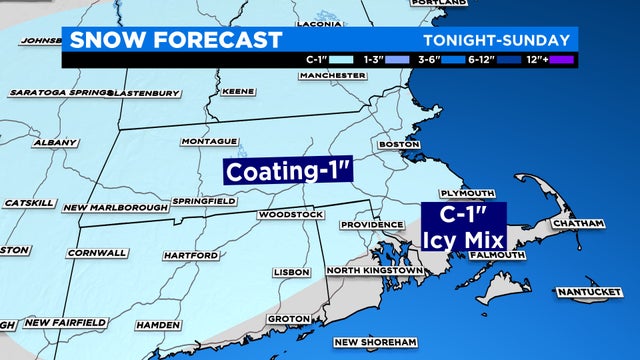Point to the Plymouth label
click(468, 192)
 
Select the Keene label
click(237, 90)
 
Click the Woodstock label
click(290, 215)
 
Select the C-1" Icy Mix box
click(464, 227)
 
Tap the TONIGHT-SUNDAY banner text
click(496, 41)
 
